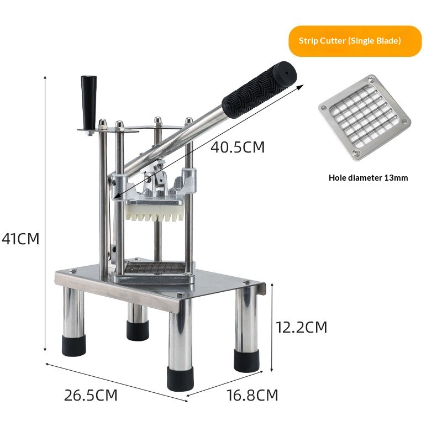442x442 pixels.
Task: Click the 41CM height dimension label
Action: tap(20, 239)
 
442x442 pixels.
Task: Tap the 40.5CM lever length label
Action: tap(238, 147)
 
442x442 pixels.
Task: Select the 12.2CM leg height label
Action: tap(301, 327)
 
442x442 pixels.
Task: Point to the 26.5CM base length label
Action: tap(91, 395)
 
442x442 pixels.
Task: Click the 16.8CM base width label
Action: tap(252, 395)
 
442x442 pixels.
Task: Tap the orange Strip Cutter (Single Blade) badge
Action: tap(355, 41)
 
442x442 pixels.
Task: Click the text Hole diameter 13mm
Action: tap(368, 178)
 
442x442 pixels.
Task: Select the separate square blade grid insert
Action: tap(365, 117)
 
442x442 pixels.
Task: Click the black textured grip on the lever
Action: tap(259, 90)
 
